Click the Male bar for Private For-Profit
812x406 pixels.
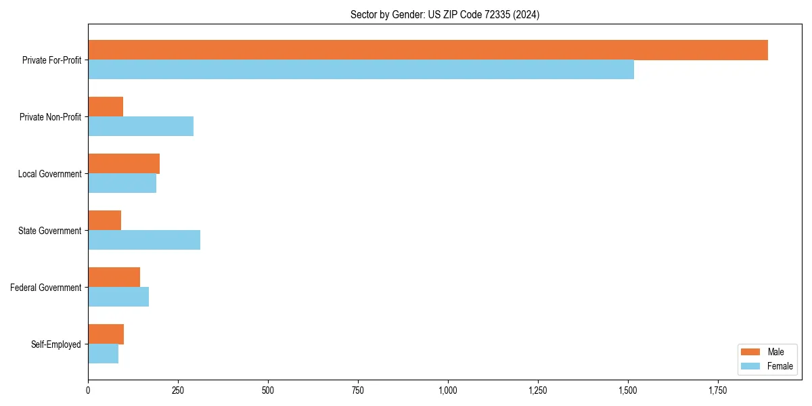tap(428, 50)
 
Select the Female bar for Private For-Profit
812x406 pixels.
tap(361, 70)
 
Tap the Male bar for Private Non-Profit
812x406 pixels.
tap(106, 107)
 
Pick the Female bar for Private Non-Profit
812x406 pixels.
tap(141, 127)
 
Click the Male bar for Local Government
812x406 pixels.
tap(124, 164)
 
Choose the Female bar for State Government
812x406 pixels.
tap(144, 240)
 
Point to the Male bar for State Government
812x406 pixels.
tap(105, 221)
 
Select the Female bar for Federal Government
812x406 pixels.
tap(118, 297)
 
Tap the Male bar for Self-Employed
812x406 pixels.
tap(106, 334)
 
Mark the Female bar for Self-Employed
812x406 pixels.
tap(104, 354)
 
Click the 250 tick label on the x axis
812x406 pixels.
tap(178, 390)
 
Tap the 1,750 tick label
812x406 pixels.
tap(718, 390)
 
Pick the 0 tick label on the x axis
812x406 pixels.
tap(88, 390)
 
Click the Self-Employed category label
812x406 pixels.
tap(56, 344)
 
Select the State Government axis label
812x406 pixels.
tap(50, 231)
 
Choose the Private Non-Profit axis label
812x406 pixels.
tap(51, 117)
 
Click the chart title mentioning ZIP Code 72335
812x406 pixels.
tap(445, 14)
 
